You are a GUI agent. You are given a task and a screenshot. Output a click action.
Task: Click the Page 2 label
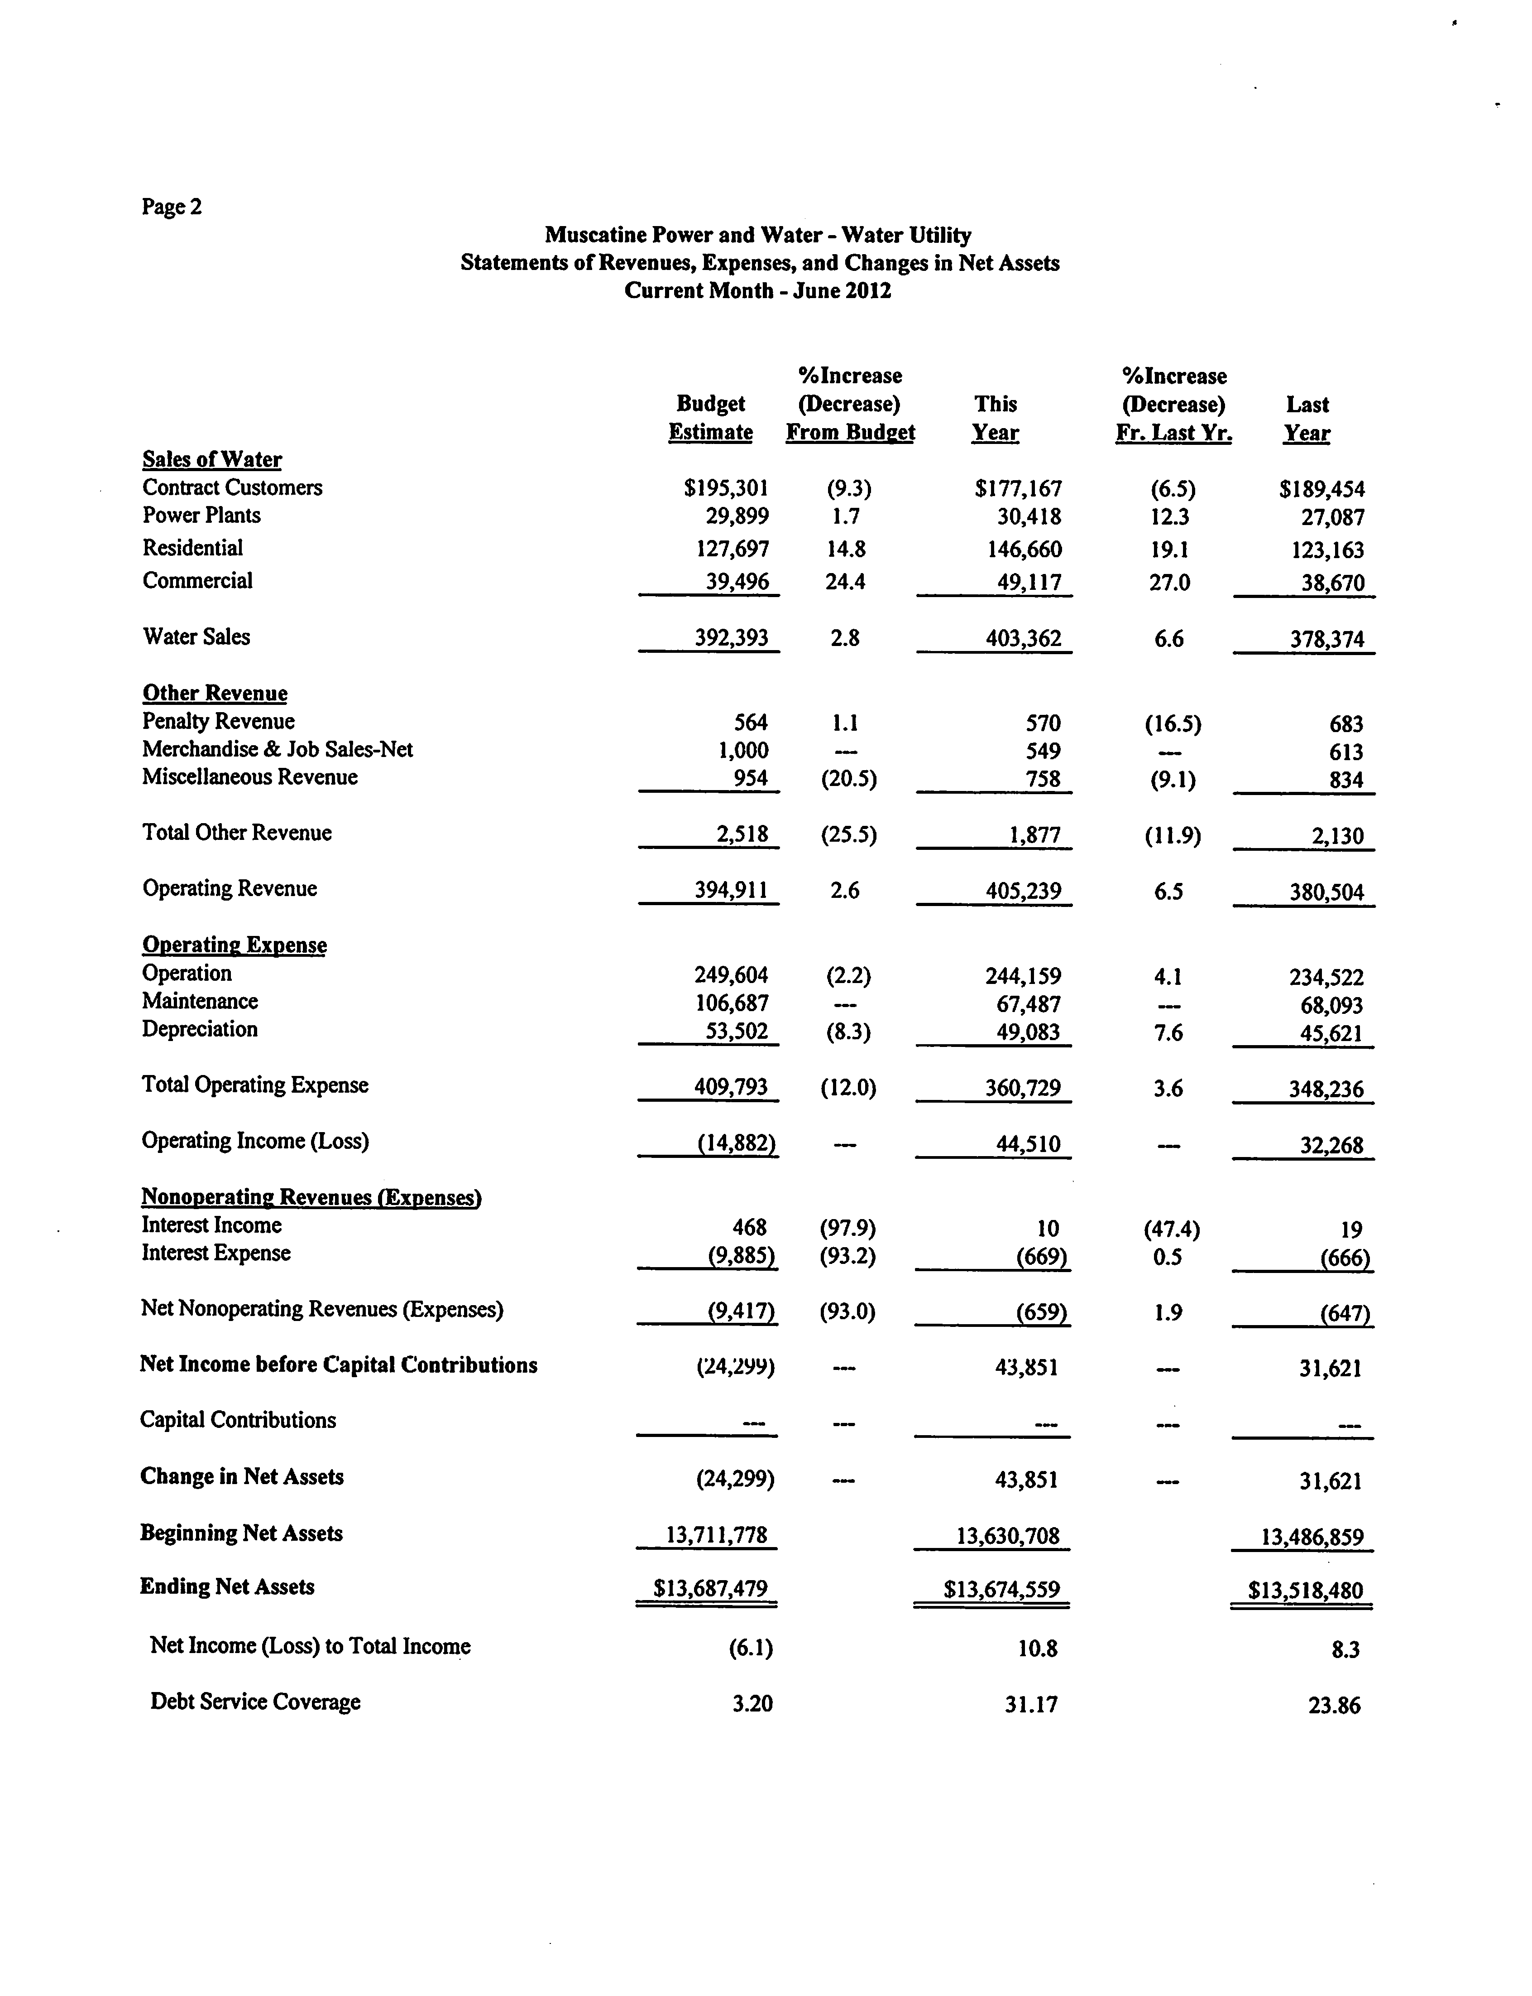[172, 207]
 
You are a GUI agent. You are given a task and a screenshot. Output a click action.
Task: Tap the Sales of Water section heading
[211, 460]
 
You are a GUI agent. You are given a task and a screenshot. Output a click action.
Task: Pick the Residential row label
[192, 548]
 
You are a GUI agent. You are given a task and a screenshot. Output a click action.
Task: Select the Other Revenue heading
[214, 693]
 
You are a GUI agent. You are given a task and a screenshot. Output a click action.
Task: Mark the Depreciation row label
[200, 1029]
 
